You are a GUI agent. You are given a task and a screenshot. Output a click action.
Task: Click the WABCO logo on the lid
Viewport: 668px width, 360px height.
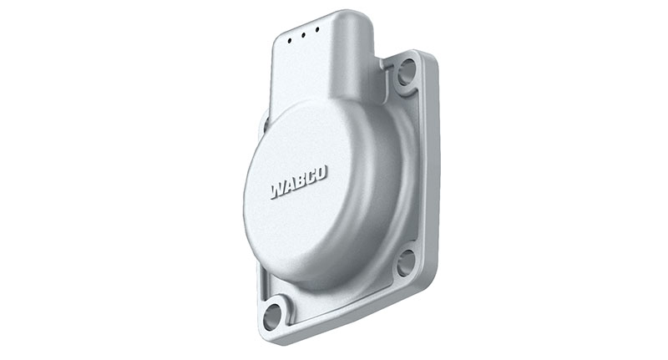click(x=299, y=182)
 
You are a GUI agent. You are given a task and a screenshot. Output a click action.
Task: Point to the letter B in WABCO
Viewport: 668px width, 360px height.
click(x=300, y=181)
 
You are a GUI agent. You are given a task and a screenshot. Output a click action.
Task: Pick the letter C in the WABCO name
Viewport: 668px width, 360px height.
click(x=310, y=177)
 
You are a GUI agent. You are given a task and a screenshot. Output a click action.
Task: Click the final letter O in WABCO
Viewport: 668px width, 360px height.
click(x=321, y=173)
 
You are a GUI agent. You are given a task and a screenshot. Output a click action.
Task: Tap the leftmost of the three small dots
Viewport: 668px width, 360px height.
click(x=290, y=39)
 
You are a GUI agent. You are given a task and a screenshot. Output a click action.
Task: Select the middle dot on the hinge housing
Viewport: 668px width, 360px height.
click(x=303, y=34)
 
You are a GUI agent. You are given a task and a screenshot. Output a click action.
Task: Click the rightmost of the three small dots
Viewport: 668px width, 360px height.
click(x=316, y=30)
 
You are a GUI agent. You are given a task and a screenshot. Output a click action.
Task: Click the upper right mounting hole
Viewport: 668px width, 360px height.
click(x=407, y=72)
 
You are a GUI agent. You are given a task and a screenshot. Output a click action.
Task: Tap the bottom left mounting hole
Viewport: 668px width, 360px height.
click(x=272, y=317)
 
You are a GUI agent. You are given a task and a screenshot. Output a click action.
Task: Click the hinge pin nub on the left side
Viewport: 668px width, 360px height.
click(x=265, y=124)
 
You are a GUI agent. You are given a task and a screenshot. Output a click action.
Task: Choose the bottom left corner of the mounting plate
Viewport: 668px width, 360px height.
click(x=266, y=337)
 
